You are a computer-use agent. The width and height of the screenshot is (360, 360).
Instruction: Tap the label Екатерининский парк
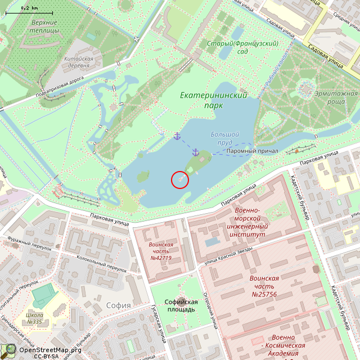tap(214, 100)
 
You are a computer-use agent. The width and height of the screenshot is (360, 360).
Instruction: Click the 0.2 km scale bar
tap(29, 10)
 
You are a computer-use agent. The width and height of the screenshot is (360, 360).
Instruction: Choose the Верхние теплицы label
tap(44, 26)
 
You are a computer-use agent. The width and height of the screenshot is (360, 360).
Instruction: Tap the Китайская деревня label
tap(79, 62)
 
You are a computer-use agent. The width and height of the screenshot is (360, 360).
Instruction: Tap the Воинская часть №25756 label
tap(264, 286)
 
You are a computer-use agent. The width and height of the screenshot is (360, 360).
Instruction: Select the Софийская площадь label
tap(180, 305)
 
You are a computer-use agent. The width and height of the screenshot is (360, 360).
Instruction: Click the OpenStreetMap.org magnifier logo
tap(8, 350)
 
